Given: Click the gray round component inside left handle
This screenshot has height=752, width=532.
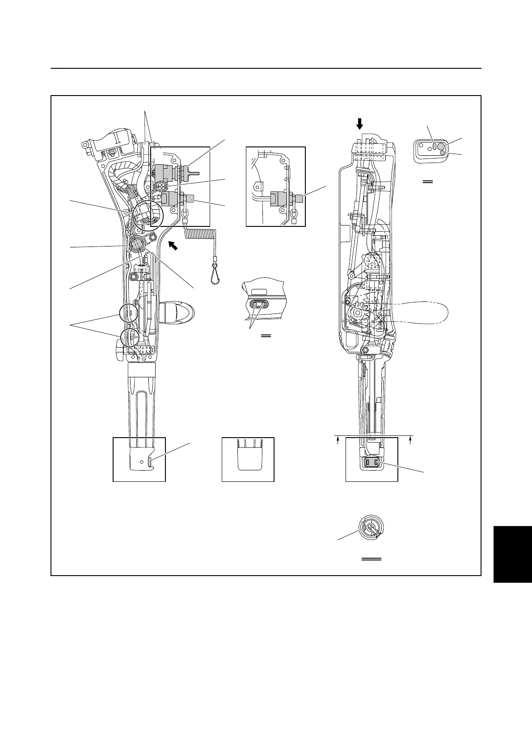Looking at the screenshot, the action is (x=137, y=244).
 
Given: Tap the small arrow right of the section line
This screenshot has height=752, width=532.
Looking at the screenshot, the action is (x=410, y=441).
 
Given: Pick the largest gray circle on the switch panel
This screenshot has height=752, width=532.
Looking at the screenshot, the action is (x=440, y=146).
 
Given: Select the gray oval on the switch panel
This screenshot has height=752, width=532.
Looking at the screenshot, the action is (x=434, y=146).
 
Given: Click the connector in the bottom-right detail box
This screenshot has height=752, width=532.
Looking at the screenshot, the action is (x=372, y=464).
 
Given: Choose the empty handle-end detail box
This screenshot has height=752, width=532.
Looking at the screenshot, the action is (x=248, y=459).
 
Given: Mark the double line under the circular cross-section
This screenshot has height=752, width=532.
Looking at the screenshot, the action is (x=371, y=559).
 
